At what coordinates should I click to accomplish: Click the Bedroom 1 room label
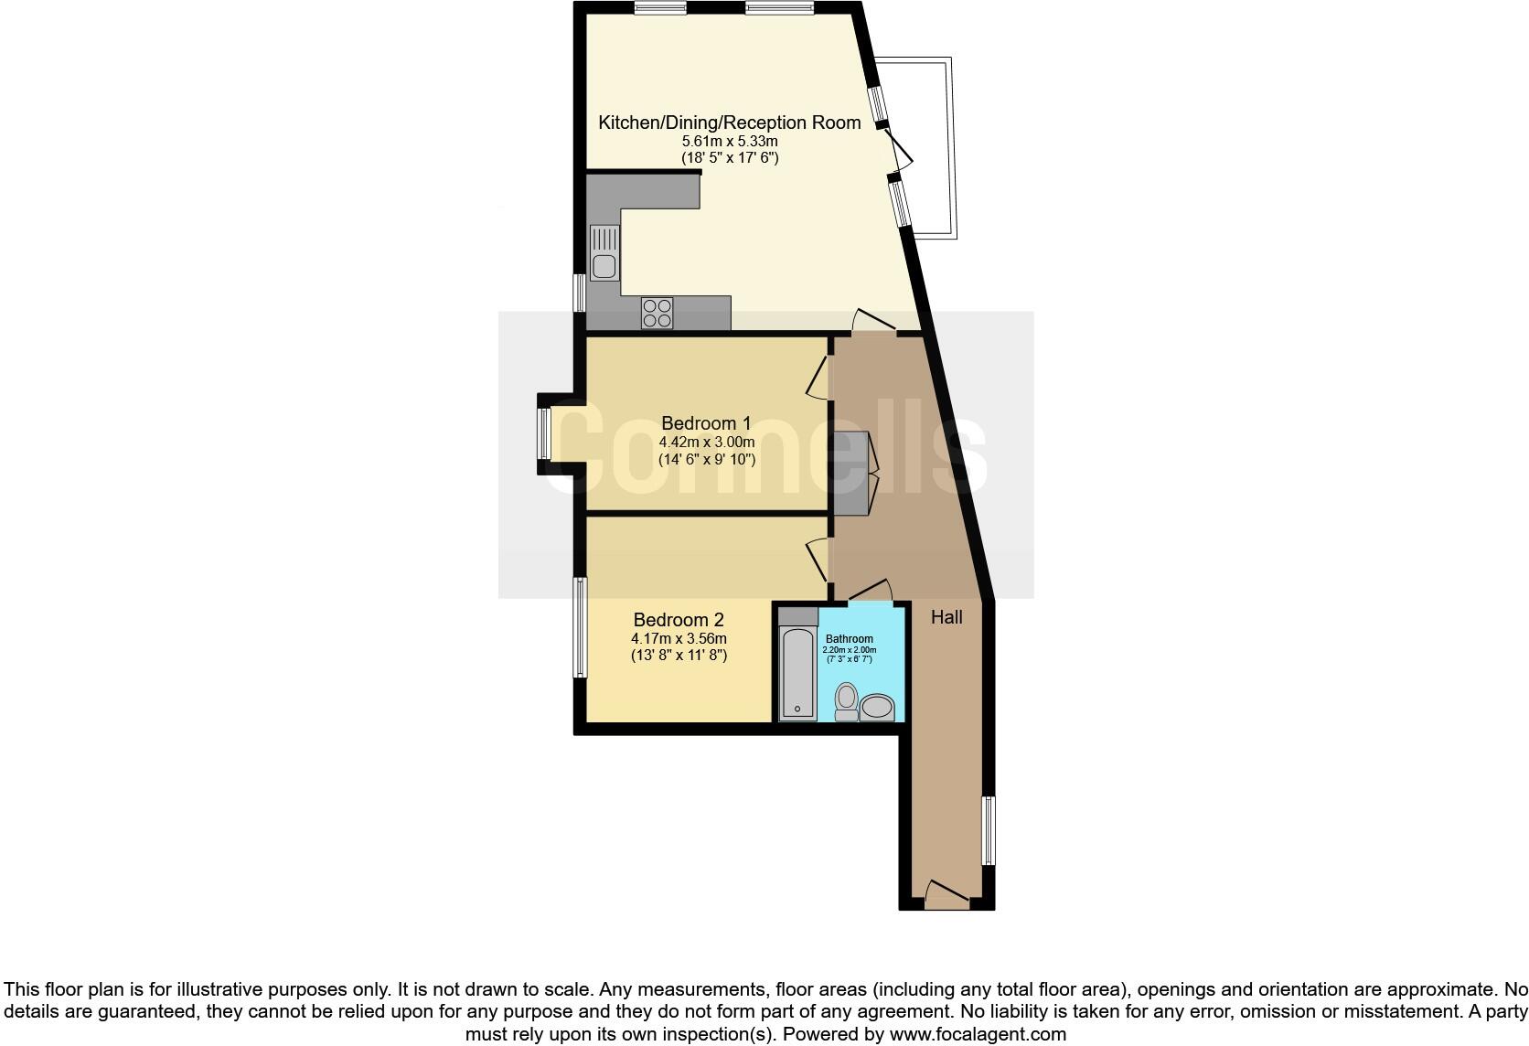pyautogui.click(x=706, y=423)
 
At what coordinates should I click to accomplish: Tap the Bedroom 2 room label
pyautogui.click(x=679, y=620)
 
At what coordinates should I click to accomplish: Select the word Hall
pyautogui.click(x=946, y=617)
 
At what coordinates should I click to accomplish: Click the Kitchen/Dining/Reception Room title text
pyautogui.click(x=729, y=123)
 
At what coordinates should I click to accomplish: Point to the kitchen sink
pyautogui.click(x=604, y=254)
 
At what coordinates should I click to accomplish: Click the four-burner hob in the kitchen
pyautogui.click(x=657, y=313)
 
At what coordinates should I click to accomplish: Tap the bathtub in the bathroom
pyautogui.click(x=797, y=673)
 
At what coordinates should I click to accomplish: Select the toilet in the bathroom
pyautogui.click(x=847, y=701)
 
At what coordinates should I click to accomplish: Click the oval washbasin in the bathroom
pyautogui.click(x=879, y=707)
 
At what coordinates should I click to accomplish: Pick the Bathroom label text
pyautogui.click(x=849, y=639)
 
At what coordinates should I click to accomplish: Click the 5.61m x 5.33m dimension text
pyautogui.click(x=729, y=142)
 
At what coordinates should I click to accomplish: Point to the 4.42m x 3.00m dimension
pyautogui.click(x=706, y=443)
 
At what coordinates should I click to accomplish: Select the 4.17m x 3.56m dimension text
pyautogui.click(x=679, y=638)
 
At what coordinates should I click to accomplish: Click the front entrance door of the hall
pyautogui.click(x=946, y=894)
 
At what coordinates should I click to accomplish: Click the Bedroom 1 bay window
pyautogui.click(x=544, y=433)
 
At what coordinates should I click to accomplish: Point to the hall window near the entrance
pyautogui.click(x=988, y=830)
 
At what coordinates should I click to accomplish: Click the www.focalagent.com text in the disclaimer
pyautogui.click(x=978, y=1035)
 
